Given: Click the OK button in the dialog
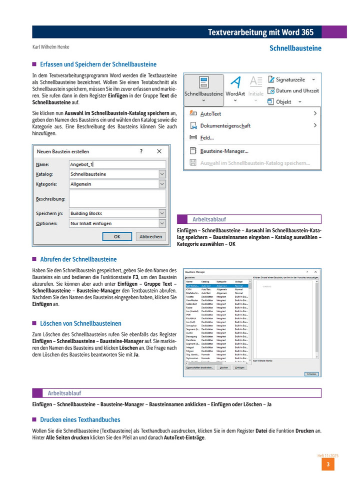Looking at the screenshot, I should (116, 237).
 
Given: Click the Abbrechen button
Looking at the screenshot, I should (150, 237).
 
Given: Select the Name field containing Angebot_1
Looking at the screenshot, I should (117, 164).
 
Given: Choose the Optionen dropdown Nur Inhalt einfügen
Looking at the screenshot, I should (117, 223).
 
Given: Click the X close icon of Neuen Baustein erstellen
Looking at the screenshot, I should (159, 151).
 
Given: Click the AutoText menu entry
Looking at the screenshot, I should (210, 114).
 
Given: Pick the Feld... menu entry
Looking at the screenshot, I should (206, 138).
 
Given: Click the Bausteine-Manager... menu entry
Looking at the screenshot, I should (224, 150).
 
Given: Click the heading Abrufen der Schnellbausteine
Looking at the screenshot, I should (78, 259).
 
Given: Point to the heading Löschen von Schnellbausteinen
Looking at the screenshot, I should (80, 324).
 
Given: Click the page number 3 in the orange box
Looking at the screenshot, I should (327, 465).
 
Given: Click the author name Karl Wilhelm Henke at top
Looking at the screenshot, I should (51, 47).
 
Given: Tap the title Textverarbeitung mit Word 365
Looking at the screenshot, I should (260, 32).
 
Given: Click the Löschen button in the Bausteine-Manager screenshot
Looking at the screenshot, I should (224, 368).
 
